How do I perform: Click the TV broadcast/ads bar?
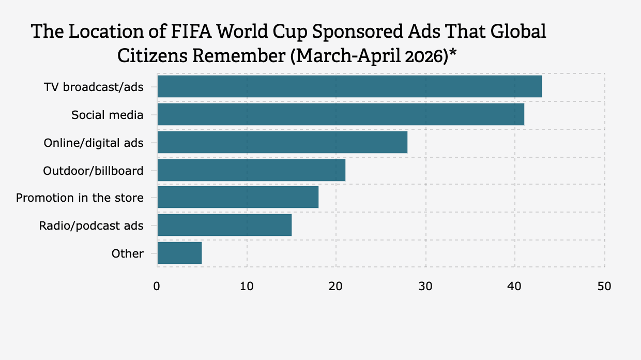tap(349, 86)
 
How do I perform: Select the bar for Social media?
tap(341, 114)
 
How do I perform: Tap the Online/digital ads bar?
tap(282, 142)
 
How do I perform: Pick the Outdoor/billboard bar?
tap(251, 170)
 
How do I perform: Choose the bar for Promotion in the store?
tap(238, 197)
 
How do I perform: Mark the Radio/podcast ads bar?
tap(224, 225)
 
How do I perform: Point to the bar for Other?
tap(179, 253)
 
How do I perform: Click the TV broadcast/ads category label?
tap(93, 86)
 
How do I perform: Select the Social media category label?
tap(107, 114)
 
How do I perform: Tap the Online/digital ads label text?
tap(93, 142)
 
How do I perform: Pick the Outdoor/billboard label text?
tap(93, 170)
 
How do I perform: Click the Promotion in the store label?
tap(80, 198)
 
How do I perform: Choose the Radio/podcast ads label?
tap(91, 226)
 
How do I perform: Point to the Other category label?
tap(127, 253)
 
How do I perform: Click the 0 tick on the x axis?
tap(157, 286)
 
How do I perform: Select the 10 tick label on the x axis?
tap(247, 286)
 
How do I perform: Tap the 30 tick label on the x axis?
tap(425, 286)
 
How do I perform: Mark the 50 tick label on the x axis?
tap(604, 286)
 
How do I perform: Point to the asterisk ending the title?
tap(452, 54)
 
